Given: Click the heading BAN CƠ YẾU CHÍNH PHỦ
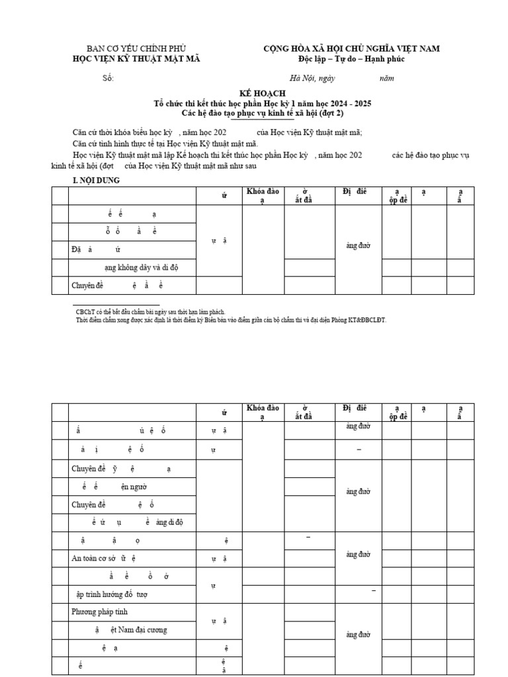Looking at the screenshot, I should click(x=137, y=49).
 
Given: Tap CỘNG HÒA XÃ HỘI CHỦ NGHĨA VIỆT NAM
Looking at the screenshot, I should click(x=351, y=49).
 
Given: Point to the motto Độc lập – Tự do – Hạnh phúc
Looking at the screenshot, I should click(x=351, y=59).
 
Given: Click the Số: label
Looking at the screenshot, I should click(x=108, y=78).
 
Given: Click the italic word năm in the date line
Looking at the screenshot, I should click(x=386, y=78).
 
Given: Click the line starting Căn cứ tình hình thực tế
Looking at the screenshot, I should click(x=165, y=143).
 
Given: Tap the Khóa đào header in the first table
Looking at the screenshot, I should click(x=263, y=192).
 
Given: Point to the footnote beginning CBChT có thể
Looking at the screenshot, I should click(x=150, y=311).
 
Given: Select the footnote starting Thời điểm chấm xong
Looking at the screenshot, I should click(x=230, y=320).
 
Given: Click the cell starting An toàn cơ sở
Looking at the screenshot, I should click(x=104, y=558).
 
